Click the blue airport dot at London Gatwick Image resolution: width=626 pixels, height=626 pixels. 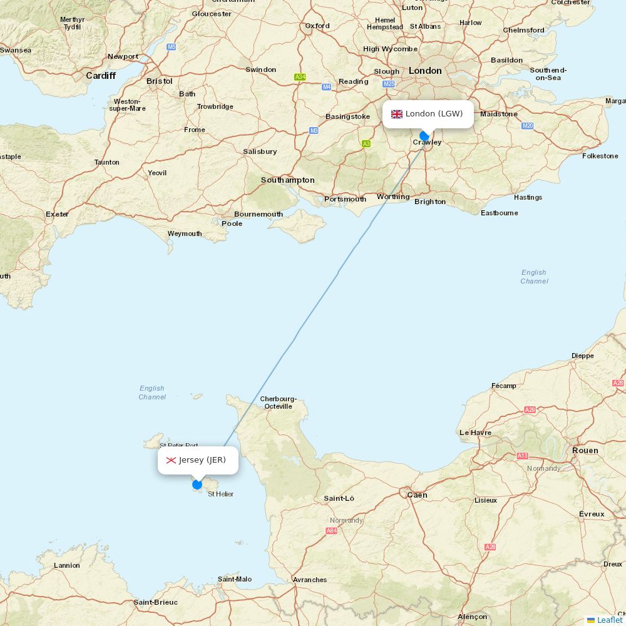pyautogui.click(x=424, y=136)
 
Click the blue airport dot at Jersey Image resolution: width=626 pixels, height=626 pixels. pyautogui.click(x=197, y=484)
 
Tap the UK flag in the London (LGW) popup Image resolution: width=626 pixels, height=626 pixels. pyautogui.click(x=397, y=114)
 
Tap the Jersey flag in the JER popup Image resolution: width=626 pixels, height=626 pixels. pyautogui.click(x=171, y=461)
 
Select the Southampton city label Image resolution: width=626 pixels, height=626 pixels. pyautogui.click(x=288, y=180)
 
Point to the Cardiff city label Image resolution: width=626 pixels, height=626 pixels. pyautogui.click(x=101, y=76)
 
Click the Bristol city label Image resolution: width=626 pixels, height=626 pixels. pyautogui.click(x=159, y=81)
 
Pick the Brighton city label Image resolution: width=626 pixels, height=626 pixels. pyautogui.click(x=430, y=202)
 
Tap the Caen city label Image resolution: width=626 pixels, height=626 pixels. pyautogui.click(x=417, y=495)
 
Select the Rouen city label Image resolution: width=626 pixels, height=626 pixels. pyautogui.click(x=585, y=451)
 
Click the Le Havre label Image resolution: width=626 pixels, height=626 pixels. pyautogui.click(x=475, y=433)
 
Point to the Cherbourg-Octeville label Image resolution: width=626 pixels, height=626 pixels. pyautogui.click(x=278, y=403)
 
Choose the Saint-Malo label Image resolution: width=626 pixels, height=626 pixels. pyautogui.click(x=235, y=579)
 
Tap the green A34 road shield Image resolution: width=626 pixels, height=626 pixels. pyautogui.click(x=300, y=77)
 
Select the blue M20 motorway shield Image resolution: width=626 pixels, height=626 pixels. pyautogui.click(x=527, y=126)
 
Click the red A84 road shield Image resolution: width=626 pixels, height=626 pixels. pyautogui.click(x=331, y=531)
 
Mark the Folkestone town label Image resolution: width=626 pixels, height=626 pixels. pyautogui.click(x=600, y=156)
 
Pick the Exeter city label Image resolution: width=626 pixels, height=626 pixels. pyautogui.click(x=57, y=214)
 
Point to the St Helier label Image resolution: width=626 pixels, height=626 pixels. pyautogui.click(x=220, y=494)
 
